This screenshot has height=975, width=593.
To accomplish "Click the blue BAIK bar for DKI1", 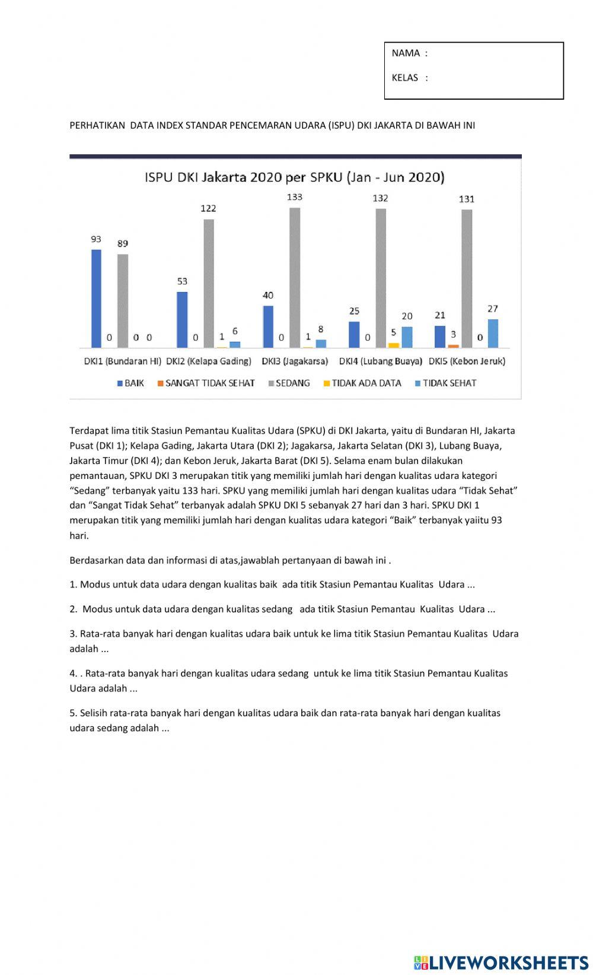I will (96, 298).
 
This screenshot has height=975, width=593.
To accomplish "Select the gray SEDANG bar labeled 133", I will (295, 278).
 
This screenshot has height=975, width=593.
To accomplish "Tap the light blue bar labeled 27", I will (493, 334).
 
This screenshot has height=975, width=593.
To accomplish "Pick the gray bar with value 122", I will (209, 284).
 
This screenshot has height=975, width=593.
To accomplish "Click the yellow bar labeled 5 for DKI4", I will (393, 345).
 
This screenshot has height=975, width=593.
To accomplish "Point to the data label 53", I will (182, 281).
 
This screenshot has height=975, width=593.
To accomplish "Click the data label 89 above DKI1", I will (123, 243).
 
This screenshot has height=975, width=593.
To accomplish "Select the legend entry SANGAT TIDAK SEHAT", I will (206, 383).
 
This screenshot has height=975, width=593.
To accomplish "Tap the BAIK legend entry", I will (131, 383).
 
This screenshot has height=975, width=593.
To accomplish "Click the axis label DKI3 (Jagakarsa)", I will (295, 361).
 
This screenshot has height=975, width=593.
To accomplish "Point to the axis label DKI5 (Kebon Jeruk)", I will (467, 361).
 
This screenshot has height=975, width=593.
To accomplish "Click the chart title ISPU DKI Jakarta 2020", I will (295, 177).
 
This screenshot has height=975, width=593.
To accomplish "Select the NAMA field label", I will (406, 53).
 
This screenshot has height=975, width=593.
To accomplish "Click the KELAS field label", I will (405, 78).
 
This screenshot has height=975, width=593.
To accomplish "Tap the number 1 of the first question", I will (72, 585).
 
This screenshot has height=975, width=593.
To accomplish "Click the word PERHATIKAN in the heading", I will (97, 125).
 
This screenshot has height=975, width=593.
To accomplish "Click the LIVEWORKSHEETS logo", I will (501, 962).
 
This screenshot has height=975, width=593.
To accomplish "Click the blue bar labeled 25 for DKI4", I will (354, 335).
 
